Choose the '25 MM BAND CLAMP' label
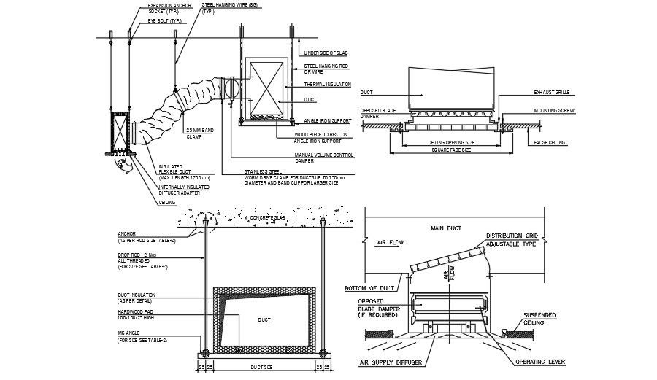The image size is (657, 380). pos(199,133)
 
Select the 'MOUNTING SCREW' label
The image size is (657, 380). pos(556,110)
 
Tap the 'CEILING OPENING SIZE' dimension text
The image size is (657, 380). pos(450,141)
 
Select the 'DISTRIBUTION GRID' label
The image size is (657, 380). pos(513,236)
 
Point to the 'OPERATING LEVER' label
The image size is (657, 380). pos(541,361)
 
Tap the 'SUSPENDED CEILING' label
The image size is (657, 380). pos(541,319)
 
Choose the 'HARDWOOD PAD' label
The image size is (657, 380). pos(139,311)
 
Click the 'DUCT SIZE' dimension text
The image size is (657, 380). pos(261,367)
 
